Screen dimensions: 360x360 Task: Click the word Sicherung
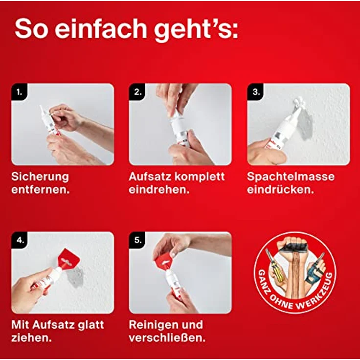[40, 177]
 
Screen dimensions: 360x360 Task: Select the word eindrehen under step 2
[159, 190]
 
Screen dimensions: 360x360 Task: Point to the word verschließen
[167, 338]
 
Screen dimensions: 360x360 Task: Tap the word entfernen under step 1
[41, 190]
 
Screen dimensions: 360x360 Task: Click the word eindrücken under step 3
[280, 190]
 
